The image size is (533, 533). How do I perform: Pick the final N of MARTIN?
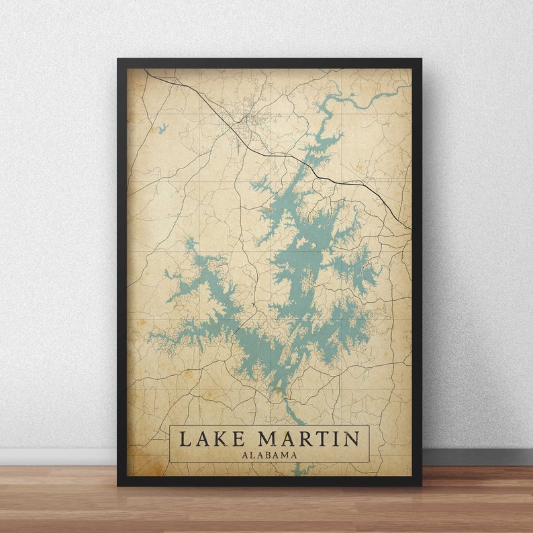click(351, 439)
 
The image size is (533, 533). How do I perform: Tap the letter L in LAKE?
click(184, 439)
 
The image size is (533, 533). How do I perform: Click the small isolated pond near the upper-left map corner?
click(162, 128)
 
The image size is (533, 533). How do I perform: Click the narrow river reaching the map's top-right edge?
click(403, 88)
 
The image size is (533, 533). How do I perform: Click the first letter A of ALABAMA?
click(245, 454)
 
